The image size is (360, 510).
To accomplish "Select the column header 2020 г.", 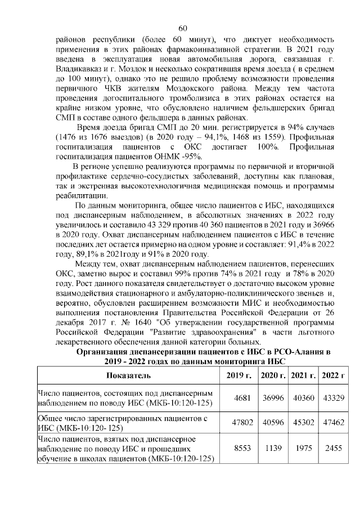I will pyautogui.click(x=274, y=375).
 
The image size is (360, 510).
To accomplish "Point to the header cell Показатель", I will pyautogui.click(x=128, y=375).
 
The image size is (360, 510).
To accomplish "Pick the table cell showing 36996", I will pyautogui.click(x=274, y=397).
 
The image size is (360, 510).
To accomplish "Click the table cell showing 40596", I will pyautogui.click(x=274, y=423).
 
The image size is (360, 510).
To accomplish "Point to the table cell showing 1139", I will pyautogui.click(x=274, y=449).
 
